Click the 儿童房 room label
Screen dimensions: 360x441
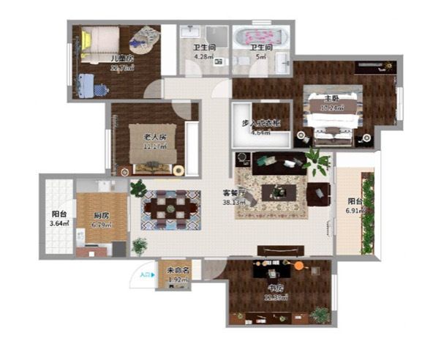coord(121,57)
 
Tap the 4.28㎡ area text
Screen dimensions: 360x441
coord(203,56)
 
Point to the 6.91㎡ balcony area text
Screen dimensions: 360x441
coord(358,211)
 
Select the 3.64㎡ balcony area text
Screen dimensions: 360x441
coord(59,223)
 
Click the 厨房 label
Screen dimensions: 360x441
coord(101,216)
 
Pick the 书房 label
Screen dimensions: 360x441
coord(275,288)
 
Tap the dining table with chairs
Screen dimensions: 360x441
coord(171,206)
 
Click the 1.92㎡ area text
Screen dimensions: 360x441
coord(173,279)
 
